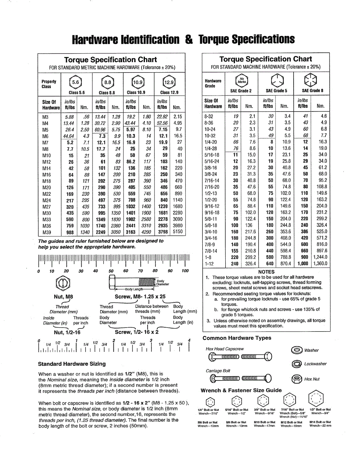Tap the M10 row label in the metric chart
[47, 155]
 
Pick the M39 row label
[47, 232]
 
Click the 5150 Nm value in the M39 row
[177, 232]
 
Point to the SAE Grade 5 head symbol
[277, 81]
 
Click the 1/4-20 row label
[211, 142]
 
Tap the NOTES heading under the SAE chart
[266, 272]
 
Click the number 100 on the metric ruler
[184, 271]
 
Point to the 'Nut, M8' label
[63, 297]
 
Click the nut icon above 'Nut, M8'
[63, 283]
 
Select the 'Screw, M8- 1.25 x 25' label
[140, 297]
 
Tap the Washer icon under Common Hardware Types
[297, 350]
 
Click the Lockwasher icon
[297, 364]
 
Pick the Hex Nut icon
[297, 379]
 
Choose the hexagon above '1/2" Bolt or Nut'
[320, 400]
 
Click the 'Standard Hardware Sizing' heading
[72, 364]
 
